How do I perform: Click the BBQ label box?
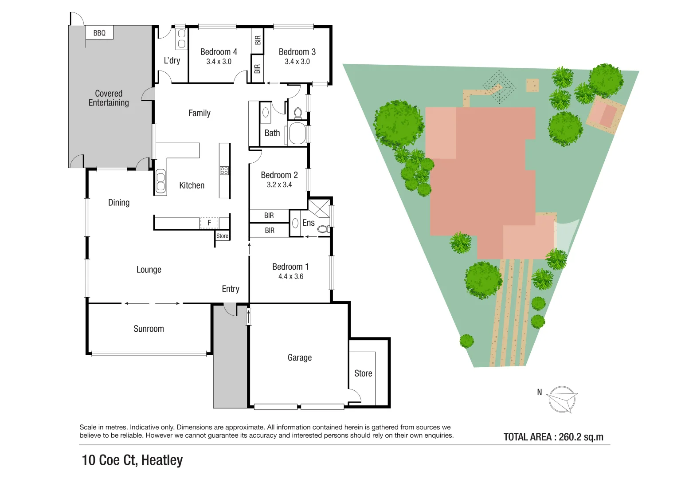(99, 33)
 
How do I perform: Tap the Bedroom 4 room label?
(219, 52)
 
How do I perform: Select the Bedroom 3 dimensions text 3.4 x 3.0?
(297, 62)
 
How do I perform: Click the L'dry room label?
(172, 60)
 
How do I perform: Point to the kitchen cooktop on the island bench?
(224, 170)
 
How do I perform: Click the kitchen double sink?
(160, 182)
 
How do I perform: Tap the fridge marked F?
(209, 223)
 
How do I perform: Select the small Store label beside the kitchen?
(222, 236)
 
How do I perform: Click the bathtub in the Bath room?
(297, 133)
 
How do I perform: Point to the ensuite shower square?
(319, 208)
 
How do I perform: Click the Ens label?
(309, 223)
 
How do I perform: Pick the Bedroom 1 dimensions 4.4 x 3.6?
(291, 276)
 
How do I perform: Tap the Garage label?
(300, 357)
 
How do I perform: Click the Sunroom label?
(149, 329)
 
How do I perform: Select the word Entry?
(231, 289)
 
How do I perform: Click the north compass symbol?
(562, 399)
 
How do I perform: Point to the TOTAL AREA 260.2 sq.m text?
(553, 437)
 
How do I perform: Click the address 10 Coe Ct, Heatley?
(132, 460)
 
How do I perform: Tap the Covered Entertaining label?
(109, 98)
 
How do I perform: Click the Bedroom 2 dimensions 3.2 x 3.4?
(279, 185)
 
